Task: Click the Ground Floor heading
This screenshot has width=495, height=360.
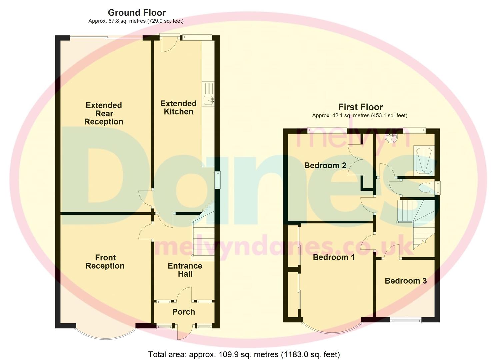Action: [137, 13]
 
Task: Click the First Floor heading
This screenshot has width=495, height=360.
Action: [360, 107]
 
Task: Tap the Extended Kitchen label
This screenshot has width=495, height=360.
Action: [178, 108]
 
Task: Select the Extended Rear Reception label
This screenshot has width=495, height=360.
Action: [104, 113]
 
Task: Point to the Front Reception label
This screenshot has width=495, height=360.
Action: [105, 262]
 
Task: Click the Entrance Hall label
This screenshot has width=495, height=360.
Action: [185, 270]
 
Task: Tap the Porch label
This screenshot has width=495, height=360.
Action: [184, 312]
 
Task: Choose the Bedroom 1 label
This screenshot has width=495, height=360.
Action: [334, 257]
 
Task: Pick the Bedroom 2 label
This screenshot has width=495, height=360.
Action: [325, 165]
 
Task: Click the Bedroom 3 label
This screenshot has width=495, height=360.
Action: [405, 281]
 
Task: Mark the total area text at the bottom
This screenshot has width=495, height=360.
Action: [244, 354]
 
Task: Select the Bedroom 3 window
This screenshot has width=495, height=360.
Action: [406, 320]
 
